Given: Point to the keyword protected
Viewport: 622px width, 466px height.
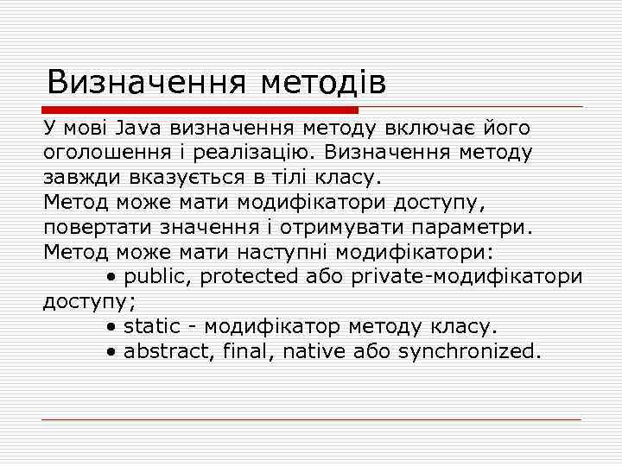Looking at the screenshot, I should pos(251,277).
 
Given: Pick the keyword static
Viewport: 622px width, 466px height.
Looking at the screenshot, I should pos(152,327).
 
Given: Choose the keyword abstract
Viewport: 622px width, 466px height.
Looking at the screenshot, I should pos(164,352).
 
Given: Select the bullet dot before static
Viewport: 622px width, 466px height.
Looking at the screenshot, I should pos(113,328).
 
